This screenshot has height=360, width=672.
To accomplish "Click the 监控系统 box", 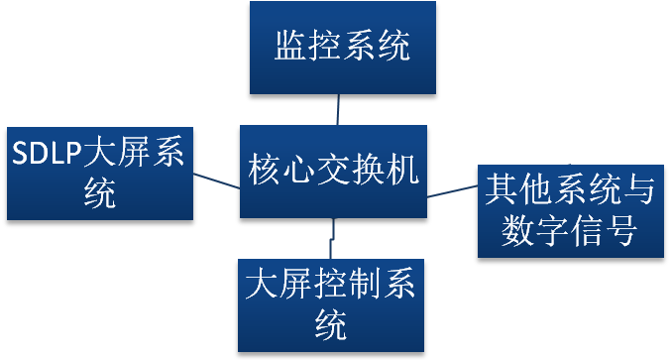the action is [x=343, y=48].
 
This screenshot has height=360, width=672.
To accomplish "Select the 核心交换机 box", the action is [x=333, y=172].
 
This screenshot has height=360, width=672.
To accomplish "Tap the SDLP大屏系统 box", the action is [x=100, y=174].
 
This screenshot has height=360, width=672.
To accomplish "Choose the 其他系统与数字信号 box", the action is [x=571, y=211].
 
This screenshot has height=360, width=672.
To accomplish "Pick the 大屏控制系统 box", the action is [x=331, y=305].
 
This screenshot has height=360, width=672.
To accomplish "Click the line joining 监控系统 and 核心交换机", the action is [x=338, y=110].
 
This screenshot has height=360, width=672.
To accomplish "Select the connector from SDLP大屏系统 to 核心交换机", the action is [x=216, y=180].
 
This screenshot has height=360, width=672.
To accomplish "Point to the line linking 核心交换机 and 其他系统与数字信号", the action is [x=452, y=191].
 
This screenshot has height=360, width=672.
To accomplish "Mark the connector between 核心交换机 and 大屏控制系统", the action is [x=332, y=238].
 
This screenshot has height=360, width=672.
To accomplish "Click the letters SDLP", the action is [x=47, y=153].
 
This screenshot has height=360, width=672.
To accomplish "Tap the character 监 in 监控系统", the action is [x=289, y=45].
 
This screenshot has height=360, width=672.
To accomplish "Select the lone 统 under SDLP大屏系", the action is [x=100, y=193].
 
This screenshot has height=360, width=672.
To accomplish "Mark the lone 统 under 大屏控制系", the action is [x=331, y=325].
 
